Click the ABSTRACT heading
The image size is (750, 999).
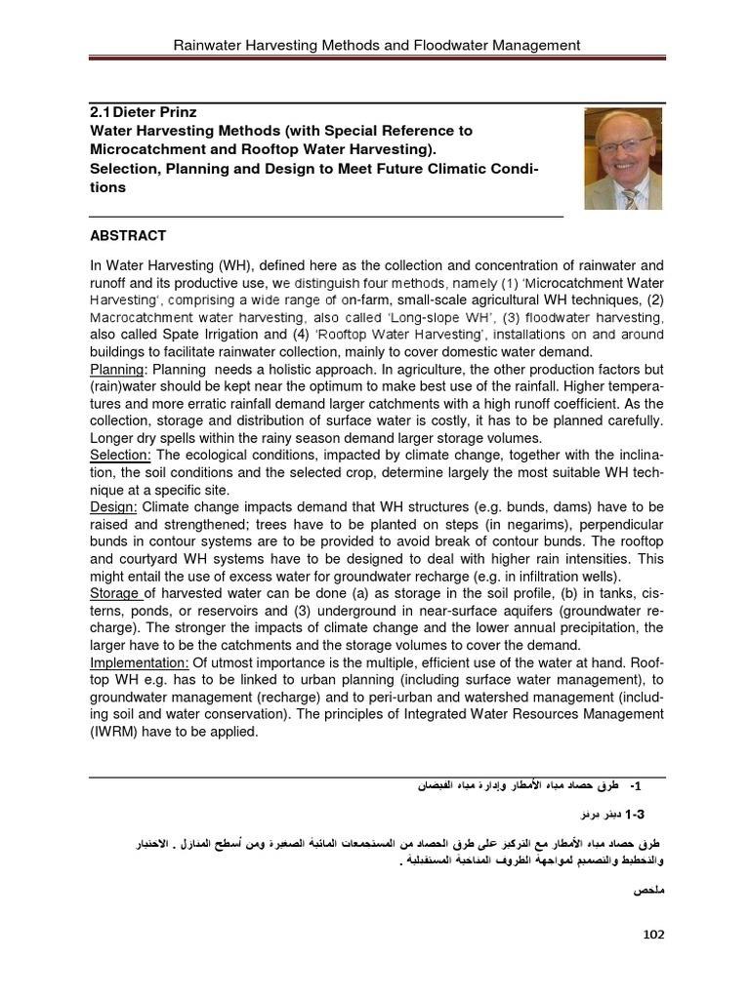128,236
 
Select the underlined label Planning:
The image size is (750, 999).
117,370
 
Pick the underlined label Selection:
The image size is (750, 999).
120,456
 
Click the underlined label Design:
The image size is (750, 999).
114,507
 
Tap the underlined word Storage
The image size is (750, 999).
115,593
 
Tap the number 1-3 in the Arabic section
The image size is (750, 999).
634,813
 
